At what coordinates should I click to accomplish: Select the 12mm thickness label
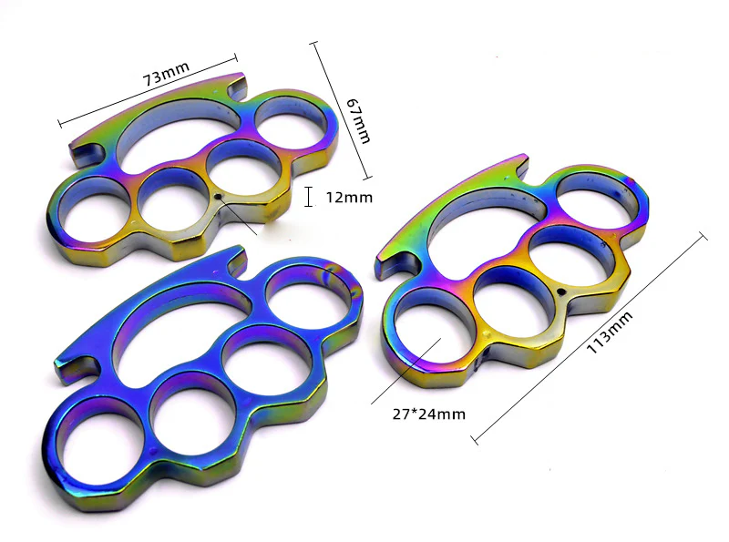pos(347,196)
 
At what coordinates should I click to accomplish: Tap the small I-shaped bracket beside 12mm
pos(310,196)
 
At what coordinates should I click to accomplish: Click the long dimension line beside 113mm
pos(590,338)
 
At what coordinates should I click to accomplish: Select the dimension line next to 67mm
pos(342,109)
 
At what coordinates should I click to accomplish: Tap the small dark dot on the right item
pos(561,291)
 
